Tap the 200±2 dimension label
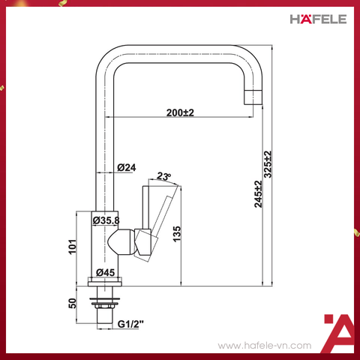tap(180, 113)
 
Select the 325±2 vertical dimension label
tap(268, 164)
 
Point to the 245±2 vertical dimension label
tap(258, 194)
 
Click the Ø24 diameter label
tap(126, 168)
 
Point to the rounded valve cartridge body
tap(122, 242)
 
